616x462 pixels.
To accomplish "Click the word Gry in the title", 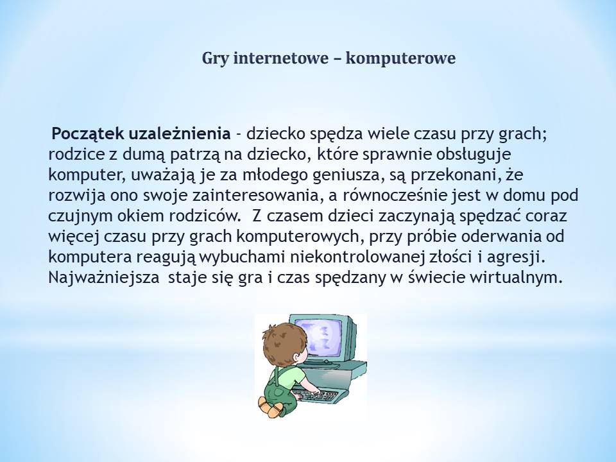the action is click(x=216, y=59).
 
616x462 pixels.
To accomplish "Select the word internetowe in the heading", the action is click(x=281, y=58).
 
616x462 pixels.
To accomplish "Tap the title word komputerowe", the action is click(x=400, y=59).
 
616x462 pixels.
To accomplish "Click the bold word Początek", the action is click(x=88, y=134).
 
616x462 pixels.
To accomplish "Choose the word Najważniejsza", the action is click(x=104, y=278).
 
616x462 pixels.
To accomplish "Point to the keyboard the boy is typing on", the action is click(x=316, y=394).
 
